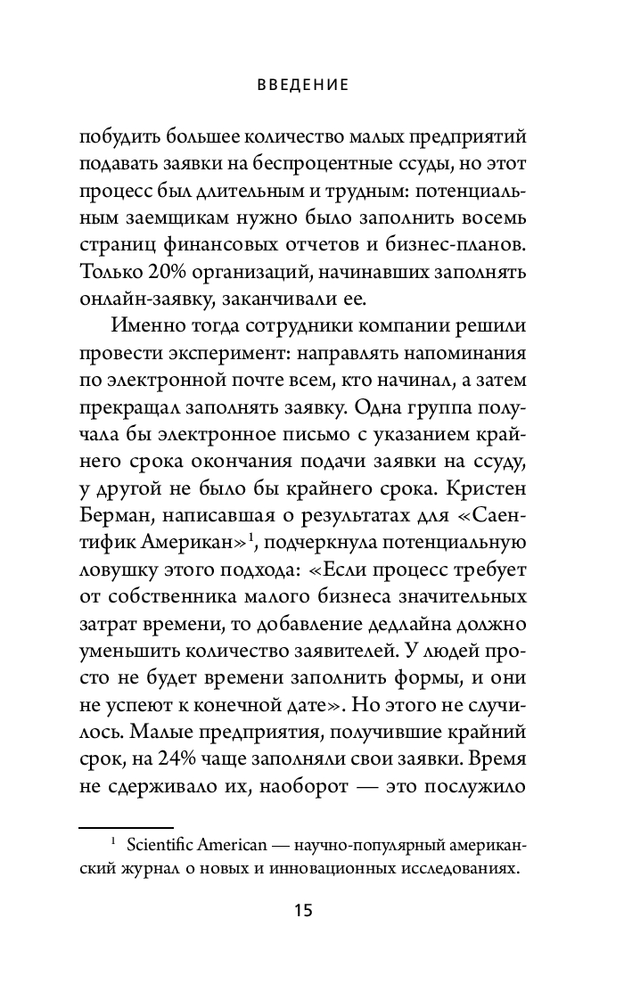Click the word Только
point(109,270)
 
